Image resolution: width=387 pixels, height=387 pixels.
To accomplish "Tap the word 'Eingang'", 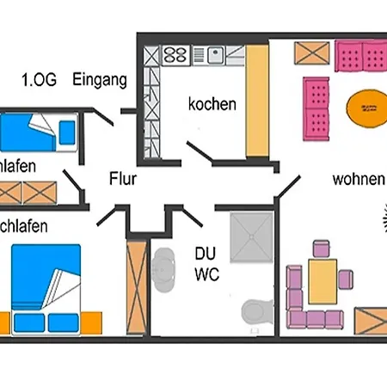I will pos(100,80).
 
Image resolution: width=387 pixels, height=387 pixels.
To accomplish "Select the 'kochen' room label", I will pos(212,104).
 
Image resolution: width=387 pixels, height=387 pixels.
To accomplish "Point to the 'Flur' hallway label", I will pos(123,180).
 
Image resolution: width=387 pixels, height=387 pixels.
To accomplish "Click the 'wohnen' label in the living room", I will pos(358,180).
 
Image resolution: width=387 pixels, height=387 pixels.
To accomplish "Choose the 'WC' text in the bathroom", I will pos(207,275).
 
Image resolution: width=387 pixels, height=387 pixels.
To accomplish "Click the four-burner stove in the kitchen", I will pos(175,55).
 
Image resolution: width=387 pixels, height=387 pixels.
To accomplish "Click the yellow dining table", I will pos(322,280).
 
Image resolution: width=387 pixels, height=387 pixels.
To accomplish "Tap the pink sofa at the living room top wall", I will pos(360,58).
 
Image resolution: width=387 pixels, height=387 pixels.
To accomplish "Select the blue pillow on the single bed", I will pos(67,132).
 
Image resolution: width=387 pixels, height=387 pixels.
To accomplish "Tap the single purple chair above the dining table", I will pos(322,249).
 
